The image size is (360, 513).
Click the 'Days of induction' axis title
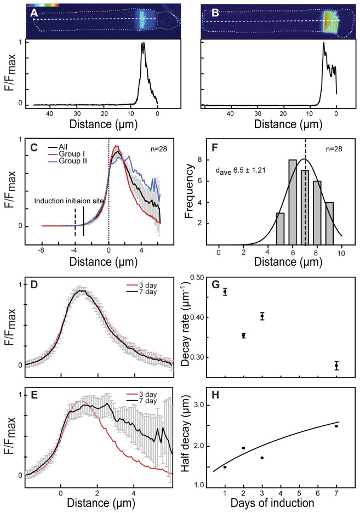(281, 503)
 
